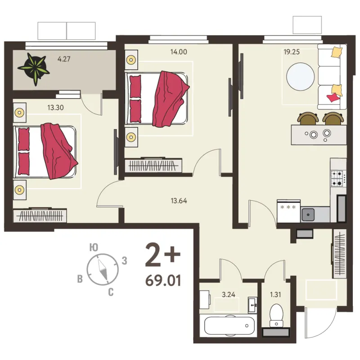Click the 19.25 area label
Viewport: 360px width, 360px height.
pyautogui.click(x=292, y=52)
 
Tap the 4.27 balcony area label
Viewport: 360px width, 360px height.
pyautogui.click(x=64, y=59)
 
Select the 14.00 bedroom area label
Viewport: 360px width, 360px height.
pyautogui.click(x=179, y=52)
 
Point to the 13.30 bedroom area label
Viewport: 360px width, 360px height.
pyautogui.click(x=55, y=108)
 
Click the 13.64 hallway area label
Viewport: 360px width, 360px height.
pyautogui.click(x=179, y=201)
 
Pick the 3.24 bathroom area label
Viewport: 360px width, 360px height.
pyautogui.click(x=229, y=295)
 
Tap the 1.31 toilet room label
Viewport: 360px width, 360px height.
pyautogui.click(x=275, y=295)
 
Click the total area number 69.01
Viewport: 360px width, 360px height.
pyautogui.click(x=163, y=280)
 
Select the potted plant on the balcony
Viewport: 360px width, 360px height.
pyautogui.click(x=34, y=69)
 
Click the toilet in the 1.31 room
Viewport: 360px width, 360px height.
pyautogui.click(x=276, y=316)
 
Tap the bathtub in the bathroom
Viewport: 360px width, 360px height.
pyautogui.click(x=229, y=325)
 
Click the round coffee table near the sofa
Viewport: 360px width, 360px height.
pyautogui.click(x=300, y=76)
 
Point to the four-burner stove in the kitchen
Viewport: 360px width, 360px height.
pyautogui.click(x=338, y=178)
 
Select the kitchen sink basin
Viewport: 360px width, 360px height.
pyautogui.click(x=308, y=215)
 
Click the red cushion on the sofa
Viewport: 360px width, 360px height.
pyautogui.click(x=333, y=97)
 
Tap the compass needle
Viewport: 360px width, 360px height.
pyautogui.click(x=103, y=270)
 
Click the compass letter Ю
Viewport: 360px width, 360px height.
pyautogui.click(x=94, y=247)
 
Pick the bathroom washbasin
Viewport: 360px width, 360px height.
pyautogui.click(x=253, y=305)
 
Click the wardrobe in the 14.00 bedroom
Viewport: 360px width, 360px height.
pyautogui.click(x=153, y=165)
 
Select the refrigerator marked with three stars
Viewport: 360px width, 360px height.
pyautogui.click(x=289, y=211)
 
